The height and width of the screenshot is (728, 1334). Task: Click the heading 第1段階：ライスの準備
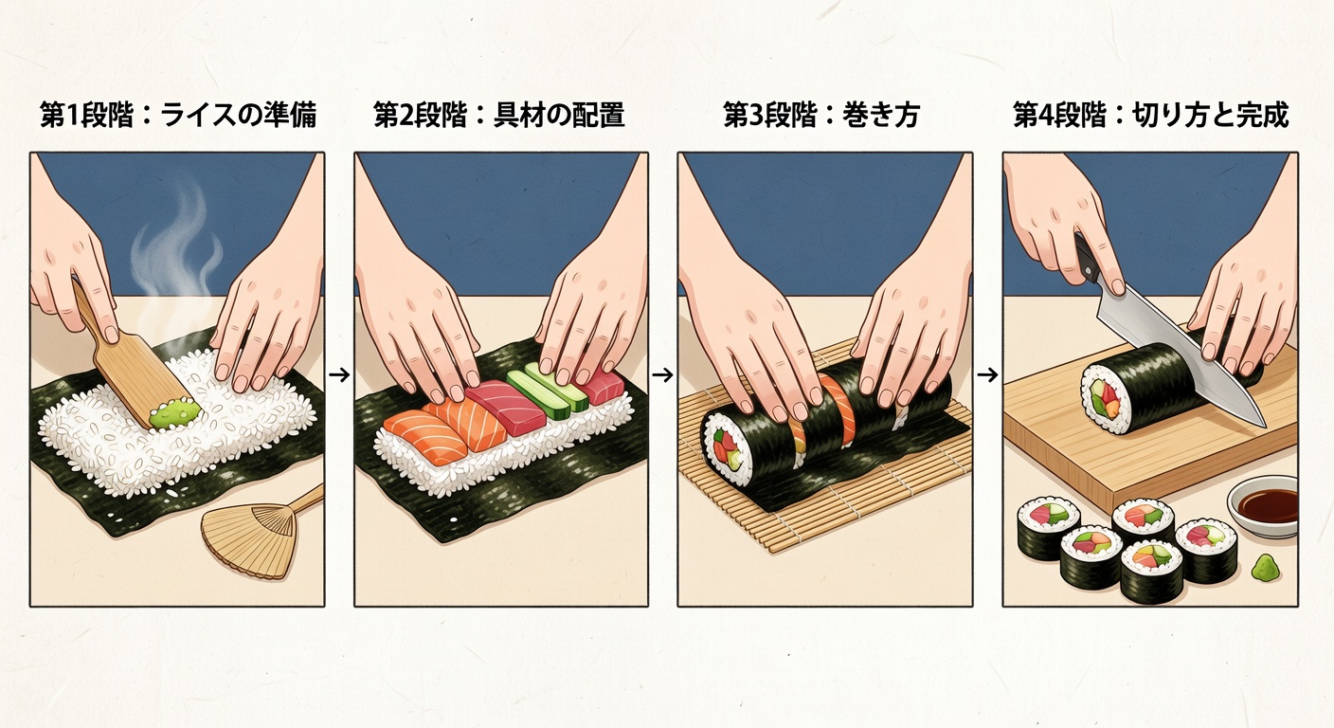pyautogui.click(x=177, y=117)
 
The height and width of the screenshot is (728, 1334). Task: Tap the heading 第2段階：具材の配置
pyautogui.click(x=499, y=117)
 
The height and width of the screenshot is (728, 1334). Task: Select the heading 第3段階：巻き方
pyautogui.click(x=821, y=117)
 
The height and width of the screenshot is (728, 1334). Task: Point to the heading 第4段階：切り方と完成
pyautogui.click(x=1150, y=117)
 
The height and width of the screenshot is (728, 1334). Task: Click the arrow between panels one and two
pyautogui.click(x=338, y=374)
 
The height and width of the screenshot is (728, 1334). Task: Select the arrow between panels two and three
pyautogui.click(x=662, y=374)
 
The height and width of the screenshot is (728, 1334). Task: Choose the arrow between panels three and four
pyautogui.click(x=986, y=374)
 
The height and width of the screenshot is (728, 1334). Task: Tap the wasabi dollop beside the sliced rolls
pyautogui.click(x=1264, y=569)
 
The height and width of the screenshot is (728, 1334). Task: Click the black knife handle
pyautogui.click(x=1087, y=259)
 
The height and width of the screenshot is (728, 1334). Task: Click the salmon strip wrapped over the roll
pyautogui.click(x=836, y=408)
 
